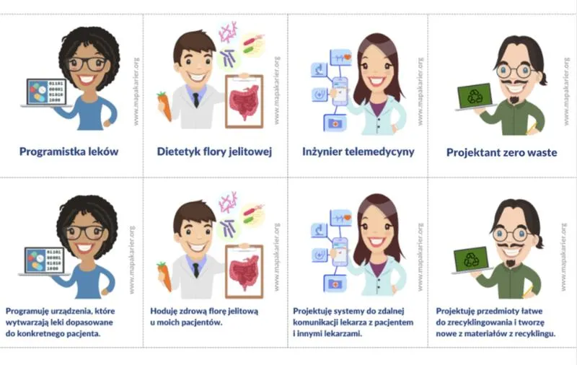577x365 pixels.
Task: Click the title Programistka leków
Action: pos(69,151)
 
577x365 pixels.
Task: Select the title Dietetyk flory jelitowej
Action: pos(214,151)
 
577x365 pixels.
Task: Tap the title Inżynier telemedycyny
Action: pos(358,151)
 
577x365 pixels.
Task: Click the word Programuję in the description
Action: pos(27,312)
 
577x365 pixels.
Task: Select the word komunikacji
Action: pos(314,322)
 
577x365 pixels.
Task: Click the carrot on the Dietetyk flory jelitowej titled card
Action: pos(164,106)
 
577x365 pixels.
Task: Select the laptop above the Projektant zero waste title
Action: pos(475,97)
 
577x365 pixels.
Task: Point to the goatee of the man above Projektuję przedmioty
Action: pos(511,263)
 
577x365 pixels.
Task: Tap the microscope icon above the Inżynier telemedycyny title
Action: pos(319,69)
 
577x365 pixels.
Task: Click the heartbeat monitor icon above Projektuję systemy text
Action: pos(341,218)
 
